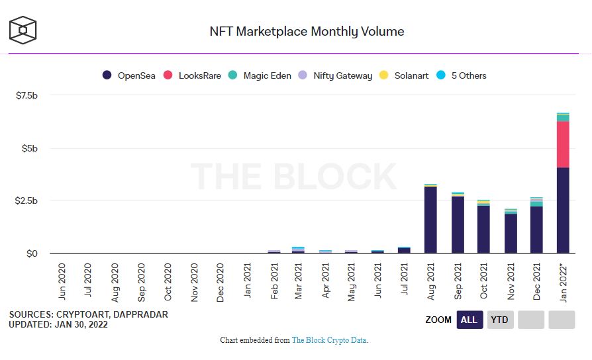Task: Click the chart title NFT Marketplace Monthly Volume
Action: (307, 31)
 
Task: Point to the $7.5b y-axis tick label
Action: (26, 95)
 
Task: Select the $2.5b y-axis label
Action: (26, 201)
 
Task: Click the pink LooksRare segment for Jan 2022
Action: (563, 144)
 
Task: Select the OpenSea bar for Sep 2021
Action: (457, 224)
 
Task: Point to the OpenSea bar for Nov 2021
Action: (510, 233)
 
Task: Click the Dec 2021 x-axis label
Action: (537, 281)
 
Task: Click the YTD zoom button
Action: (499, 320)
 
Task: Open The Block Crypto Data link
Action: (329, 340)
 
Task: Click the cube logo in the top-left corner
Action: (23, 30)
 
